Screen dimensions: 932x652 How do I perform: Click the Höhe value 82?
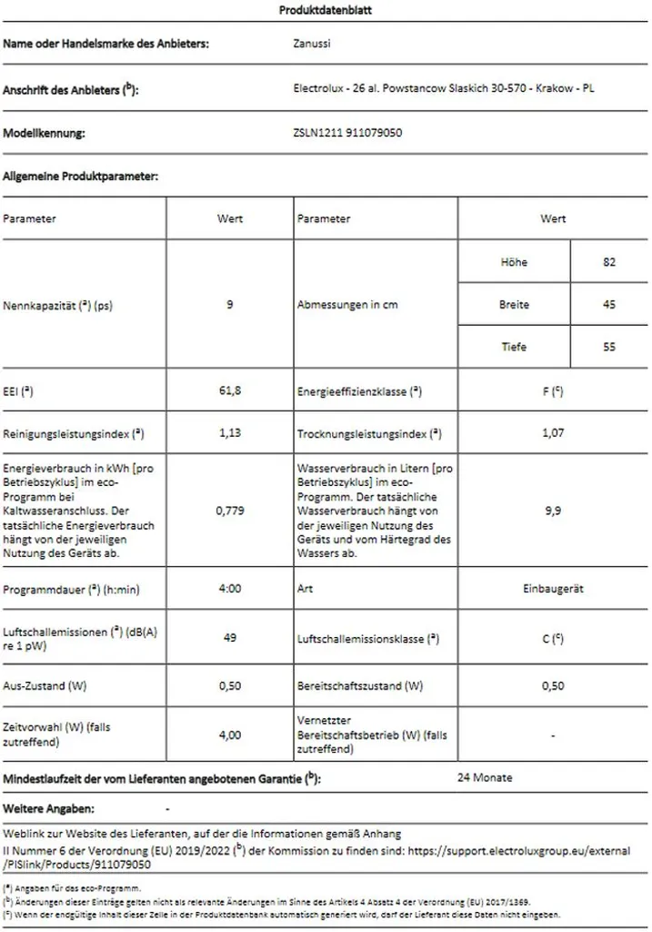(x=609, y=262)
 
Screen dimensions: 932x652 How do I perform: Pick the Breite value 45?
(x=609, y=305)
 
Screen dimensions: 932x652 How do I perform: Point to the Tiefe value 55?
(x=609, y=347)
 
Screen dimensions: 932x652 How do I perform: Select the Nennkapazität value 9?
(x=230, y=305)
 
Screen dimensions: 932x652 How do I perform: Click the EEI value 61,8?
(x=230, y=390)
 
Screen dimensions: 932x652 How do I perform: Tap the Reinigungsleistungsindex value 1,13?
(x=230, y=433)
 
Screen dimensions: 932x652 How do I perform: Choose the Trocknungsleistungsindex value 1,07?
(x=553, y=433)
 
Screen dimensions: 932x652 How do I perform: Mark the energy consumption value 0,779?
(x=230, y=511)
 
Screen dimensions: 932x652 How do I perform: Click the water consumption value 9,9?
(x=553, y=511)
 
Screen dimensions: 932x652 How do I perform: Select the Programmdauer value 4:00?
(x=230, y=589)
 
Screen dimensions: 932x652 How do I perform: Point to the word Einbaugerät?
(x=553, y=589)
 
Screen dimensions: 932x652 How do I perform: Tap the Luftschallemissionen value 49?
(x=230, y=639)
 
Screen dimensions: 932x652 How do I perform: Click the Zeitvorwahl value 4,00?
(x=230, y=735)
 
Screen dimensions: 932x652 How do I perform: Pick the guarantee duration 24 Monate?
(x=485, y=778)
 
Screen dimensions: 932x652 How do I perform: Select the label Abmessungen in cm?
(x=347, y=305)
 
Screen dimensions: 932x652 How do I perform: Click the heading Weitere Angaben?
(x=49, y=808)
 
